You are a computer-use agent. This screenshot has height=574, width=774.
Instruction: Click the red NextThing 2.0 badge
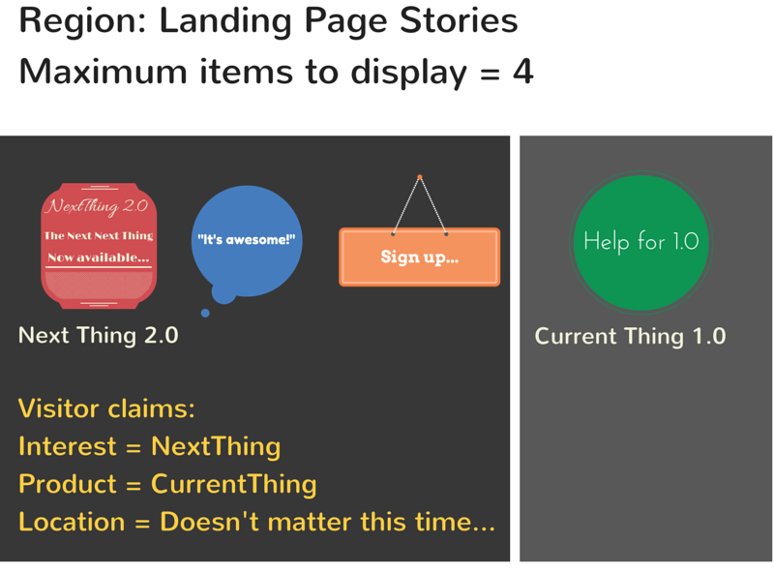click(x=99, y=246)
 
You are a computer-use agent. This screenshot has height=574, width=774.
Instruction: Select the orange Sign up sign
click(x=420, y=257)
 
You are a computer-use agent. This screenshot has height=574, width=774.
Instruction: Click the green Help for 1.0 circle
click(x=640, y=242)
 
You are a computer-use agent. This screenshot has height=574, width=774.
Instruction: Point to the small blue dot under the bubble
click(x=205, y=313)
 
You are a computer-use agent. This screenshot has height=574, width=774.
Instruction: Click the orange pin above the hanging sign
click(x=420, y=177)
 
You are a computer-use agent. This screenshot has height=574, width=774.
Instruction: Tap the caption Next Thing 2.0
click(x=99, y=336)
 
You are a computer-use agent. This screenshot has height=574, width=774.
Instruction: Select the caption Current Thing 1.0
click(x=631, y=337)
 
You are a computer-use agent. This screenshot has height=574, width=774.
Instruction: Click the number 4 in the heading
click(x=523, y=72)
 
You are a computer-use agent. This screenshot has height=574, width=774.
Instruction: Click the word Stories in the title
click(x=459, y=20)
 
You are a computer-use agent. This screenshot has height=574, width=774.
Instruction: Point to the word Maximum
click(x=103, y=72)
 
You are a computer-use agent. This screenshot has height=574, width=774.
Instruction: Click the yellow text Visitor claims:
click(x=106, y=409)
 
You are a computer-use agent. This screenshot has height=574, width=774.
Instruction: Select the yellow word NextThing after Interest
click(x=216, y=446)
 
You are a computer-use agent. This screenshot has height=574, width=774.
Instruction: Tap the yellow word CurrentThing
click(x=233, y=484)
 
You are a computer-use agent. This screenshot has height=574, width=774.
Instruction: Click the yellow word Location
click(x=72, y=522)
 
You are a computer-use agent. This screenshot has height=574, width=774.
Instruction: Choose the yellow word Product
click(x=68, y=484)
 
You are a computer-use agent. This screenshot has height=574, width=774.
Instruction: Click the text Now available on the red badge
click(x=99, y=257)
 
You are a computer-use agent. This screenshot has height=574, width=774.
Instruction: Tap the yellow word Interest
click(x=68, y=446)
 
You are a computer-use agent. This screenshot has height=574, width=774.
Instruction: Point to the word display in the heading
click(x=408, y=74)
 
